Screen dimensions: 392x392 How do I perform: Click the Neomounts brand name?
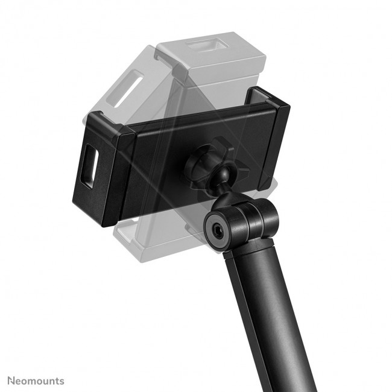click(36, 381)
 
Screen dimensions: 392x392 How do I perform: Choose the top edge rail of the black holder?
click(193, 112)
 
